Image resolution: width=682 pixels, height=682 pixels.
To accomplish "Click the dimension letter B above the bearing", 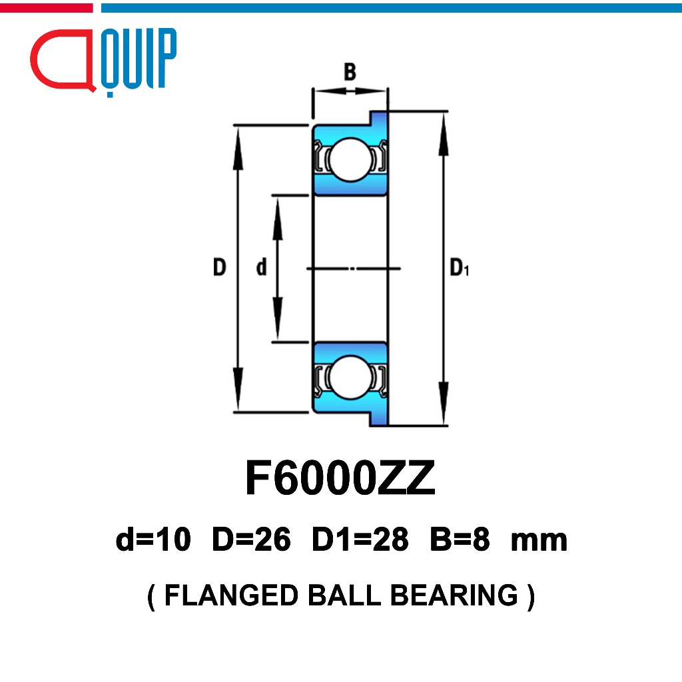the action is pos(350,72).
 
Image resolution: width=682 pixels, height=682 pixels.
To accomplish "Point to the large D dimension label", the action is pos(220,267).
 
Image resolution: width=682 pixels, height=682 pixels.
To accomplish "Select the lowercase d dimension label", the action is pos(261,267).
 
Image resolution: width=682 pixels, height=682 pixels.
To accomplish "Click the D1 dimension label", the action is pos(460,267).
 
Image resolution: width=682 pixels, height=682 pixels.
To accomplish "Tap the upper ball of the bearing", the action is pos(350,159).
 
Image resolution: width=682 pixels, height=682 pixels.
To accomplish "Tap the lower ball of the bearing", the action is pos(350,378).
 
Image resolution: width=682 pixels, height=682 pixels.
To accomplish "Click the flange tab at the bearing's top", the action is pos(378,118).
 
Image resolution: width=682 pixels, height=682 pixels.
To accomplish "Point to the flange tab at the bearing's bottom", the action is pos(378,418).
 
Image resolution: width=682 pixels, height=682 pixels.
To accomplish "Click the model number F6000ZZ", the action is pos(340,478).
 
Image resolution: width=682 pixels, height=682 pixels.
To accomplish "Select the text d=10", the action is pos(153,539).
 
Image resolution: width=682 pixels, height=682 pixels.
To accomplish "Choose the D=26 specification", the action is pos(251,539).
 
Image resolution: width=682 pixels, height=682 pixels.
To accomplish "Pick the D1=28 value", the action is pos(360,539).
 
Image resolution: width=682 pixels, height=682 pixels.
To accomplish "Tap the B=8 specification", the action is pos(460,539).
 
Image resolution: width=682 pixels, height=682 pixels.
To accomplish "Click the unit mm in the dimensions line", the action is pos(539,541).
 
